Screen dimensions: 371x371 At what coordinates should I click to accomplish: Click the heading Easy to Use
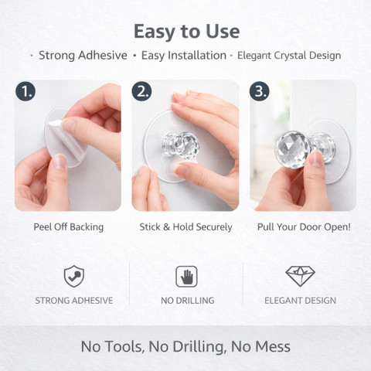click(186, 32)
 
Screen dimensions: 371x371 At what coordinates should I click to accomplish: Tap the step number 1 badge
click(26, 91)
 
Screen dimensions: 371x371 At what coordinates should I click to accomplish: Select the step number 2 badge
click(142, 91)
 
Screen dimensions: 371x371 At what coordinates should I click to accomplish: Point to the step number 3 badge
click(260, 91)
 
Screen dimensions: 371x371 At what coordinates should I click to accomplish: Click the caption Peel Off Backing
click(69, 227)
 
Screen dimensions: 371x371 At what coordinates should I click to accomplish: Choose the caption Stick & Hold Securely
click(185, 227)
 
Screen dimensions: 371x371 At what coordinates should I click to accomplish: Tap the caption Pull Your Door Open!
click(304, 227)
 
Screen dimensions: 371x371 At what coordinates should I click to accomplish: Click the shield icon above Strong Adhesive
click(74, 277)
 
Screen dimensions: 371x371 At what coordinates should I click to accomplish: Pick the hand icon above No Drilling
click(186, 277)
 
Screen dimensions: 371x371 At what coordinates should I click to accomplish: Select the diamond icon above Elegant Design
click(300, 277)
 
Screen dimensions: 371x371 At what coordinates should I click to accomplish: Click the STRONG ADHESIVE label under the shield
click(74, 301)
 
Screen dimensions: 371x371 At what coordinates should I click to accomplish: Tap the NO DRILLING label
click(188, 301)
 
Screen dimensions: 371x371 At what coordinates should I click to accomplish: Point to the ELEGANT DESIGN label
click(300, 301)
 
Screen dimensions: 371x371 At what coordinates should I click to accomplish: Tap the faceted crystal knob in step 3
click(292, 149)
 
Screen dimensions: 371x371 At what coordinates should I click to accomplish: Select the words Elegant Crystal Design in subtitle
click(289, 56)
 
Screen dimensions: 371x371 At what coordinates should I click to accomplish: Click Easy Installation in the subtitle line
click(184, 56)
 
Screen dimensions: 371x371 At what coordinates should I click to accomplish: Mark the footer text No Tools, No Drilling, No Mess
click(185, 346)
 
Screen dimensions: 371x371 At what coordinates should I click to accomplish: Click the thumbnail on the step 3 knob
click(316, 159)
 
